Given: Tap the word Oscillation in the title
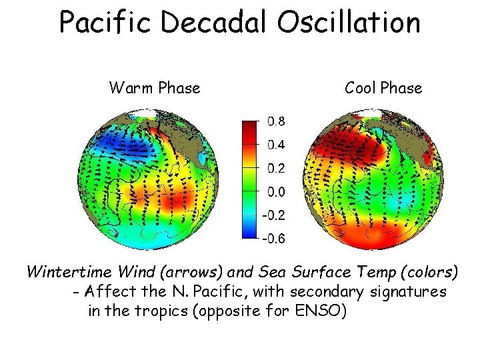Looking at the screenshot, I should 347,22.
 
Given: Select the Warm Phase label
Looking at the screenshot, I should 154,88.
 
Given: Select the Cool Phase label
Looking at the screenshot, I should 383,88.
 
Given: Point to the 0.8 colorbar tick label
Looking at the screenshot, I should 277,121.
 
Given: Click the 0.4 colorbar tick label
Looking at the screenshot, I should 277,145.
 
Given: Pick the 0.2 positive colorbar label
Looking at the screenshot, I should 277,168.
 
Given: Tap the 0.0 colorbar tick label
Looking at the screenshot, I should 277,192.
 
